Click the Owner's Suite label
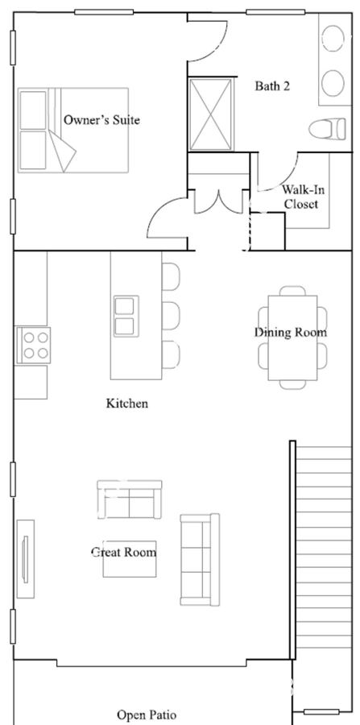(x=101, y=120)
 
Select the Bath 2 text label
(x=272, y=86)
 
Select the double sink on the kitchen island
(x=126, y=316)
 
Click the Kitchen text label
(x=127, y=403)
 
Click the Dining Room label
(x=291, y=332)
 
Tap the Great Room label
(x=123, y=553)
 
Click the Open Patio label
(x=147, y=715)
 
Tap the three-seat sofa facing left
(x=199, y=559)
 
